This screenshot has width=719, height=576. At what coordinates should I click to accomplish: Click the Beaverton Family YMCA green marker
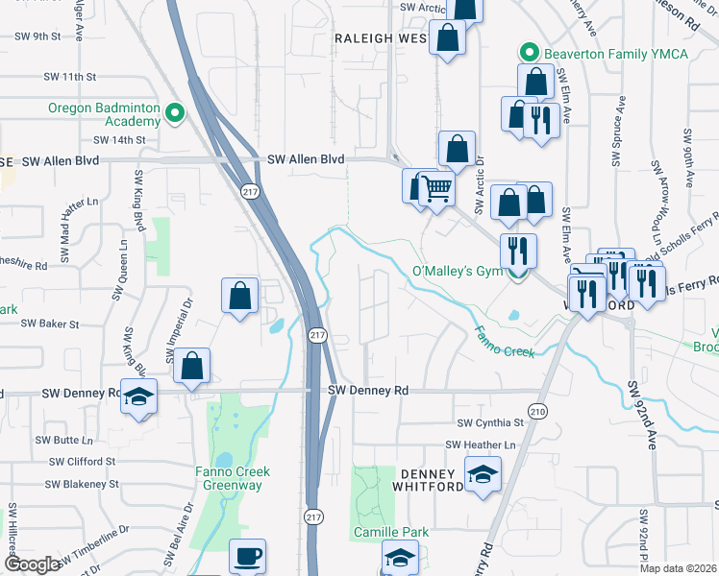(527, 53)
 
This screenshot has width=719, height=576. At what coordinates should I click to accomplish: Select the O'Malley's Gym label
(458, 272)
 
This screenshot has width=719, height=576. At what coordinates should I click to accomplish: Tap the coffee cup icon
(248, 556)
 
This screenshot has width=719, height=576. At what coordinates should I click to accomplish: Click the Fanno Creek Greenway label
(232, 478)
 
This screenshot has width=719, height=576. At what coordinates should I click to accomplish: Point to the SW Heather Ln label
(481, 445)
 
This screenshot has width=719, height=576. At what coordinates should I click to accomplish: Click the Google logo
(33, 564)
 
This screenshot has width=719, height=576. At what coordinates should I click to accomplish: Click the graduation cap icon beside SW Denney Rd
(138, 396)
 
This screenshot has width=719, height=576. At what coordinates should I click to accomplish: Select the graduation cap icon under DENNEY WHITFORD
(483, 473)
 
